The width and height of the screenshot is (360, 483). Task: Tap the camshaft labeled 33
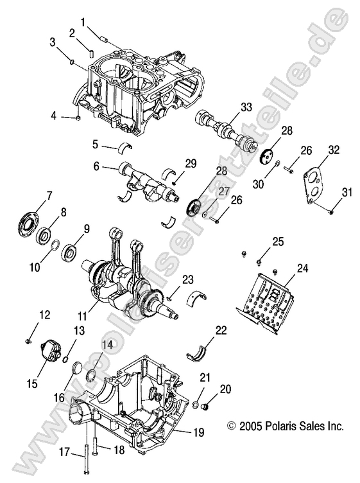[x=227, y=129]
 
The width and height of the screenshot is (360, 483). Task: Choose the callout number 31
[x=348, y=192]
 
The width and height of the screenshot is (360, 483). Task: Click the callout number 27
[x=224, y=191]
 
